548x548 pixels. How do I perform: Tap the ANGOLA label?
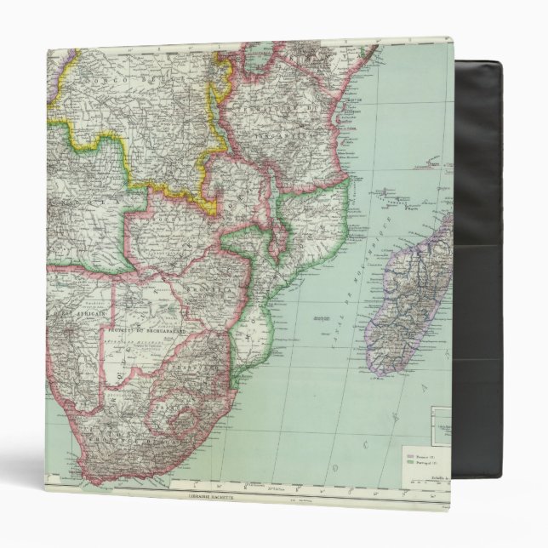85,196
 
